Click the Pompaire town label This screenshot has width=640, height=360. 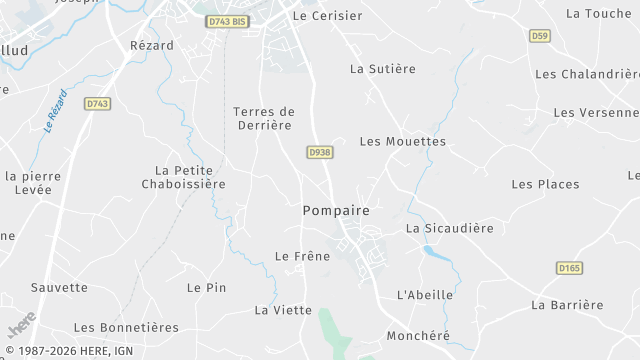pyautogui.click(x=336, y=211)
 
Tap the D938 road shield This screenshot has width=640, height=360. pyautogui.click(x=319, y=152)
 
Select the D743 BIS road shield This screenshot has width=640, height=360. pyautogui.click(x=227, y=21)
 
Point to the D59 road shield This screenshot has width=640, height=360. pyautogui.click(x=540, y=36)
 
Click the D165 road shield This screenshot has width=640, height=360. pyautogui.click(x=569, y=268)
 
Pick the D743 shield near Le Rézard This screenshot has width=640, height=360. pyautogui.click(x=97, y=103)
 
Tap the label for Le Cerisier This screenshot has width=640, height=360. pyautogui.click(x=325, y=16)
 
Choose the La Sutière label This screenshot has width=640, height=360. pyautogui.click(x=382, y=69)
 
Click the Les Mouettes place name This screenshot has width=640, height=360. pyautogui.click(x=402, y=141)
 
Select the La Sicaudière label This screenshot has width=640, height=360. pyautogui.click(x=449, y=228)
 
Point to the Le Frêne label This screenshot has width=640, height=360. pyautogui.click(x=302, y=257)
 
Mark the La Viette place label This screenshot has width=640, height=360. pyautogui.click(x=283, y=310)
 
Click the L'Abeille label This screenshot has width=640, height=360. pyautogui.click(x=425, y=295)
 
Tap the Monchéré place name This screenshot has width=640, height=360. pyautogui.click(x=417, y=335)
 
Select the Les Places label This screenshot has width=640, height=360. pyautogui.click(x=545, y=184)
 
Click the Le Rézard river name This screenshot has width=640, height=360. pyautogui.click(x=56, y=112)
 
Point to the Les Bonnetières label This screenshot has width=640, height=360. pyautogui.click(x=126, y=327)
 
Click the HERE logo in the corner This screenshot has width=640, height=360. pyautogui.click(x=20, y=327)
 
